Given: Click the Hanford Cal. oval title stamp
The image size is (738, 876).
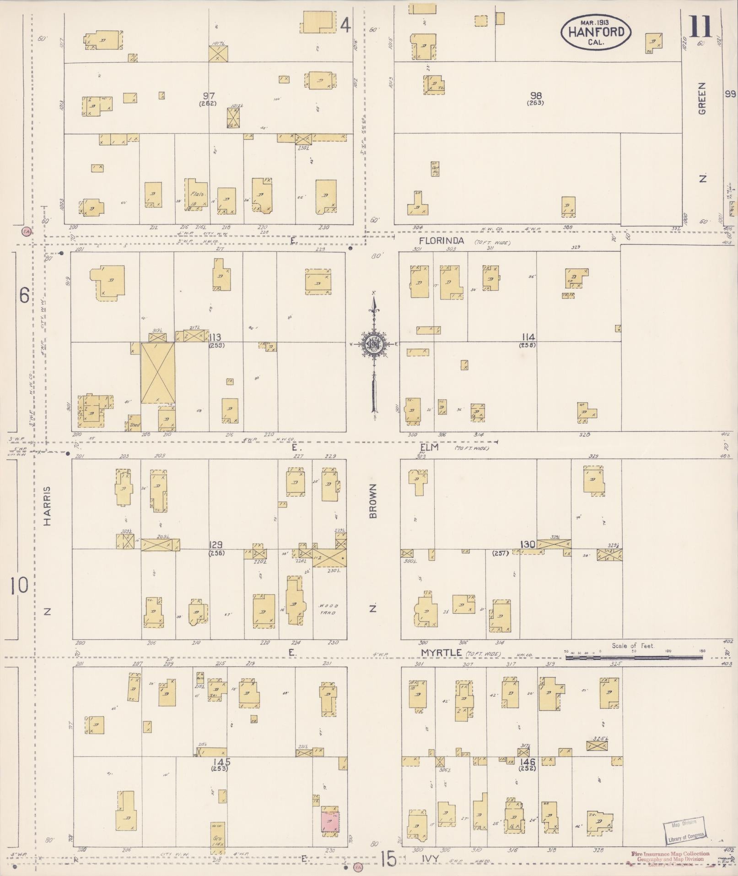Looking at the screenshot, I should point(596,32).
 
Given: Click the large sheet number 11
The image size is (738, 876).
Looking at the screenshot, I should point(700,27).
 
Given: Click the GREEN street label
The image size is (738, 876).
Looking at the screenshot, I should point(702,98).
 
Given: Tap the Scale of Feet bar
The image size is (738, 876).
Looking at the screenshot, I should point(633,658).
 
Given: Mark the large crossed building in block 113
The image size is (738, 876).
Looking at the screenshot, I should point(157,373).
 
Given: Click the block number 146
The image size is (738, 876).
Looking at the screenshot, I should point(527,761).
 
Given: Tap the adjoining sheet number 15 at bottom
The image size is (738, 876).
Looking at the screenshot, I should point(388,859).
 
